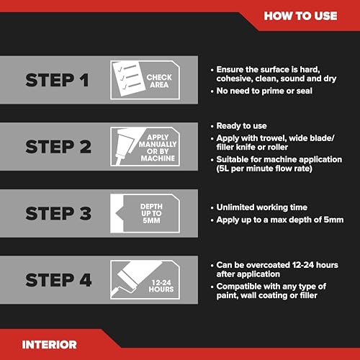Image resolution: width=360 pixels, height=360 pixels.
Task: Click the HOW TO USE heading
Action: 300,16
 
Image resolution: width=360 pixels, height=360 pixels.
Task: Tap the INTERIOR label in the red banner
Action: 49,345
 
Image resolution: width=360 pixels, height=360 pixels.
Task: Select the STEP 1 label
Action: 57,80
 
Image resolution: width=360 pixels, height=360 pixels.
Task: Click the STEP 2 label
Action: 58,147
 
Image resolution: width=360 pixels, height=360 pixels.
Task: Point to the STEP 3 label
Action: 58,213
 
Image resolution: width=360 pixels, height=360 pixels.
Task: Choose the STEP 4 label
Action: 58,280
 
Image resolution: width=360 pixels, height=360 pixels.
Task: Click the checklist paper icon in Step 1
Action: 129,78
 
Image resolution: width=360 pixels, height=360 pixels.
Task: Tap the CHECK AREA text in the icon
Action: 159,81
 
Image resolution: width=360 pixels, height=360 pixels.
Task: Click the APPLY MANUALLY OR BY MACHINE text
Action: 158,148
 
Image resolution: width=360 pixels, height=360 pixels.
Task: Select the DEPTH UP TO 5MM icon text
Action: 151,213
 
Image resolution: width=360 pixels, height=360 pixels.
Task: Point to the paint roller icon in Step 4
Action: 136,279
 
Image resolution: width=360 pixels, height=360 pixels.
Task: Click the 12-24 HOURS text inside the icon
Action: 161,286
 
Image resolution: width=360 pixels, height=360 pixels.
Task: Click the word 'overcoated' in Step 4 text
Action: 268,265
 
